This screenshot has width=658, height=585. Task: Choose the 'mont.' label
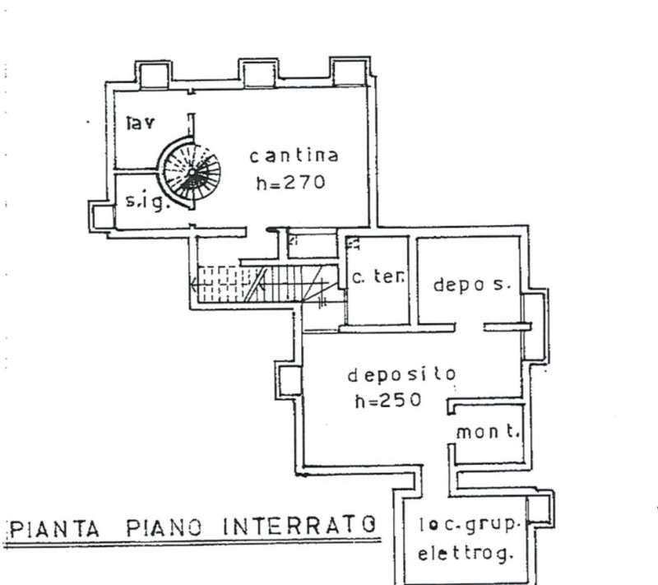(486, 431)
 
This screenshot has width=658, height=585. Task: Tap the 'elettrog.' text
(465, 555)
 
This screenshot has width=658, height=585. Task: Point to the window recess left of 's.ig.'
(104, 216)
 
